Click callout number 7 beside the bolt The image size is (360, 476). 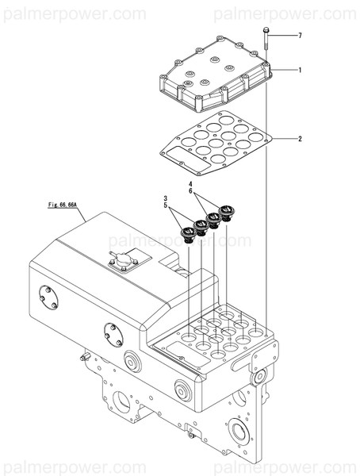pyautogui.click(x=300, y=36)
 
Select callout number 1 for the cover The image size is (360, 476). pyautogui.click(x=300, y=71)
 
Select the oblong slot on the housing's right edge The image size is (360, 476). pyautogui.click(x=243, y=363)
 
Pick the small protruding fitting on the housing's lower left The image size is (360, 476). pyautogui.click(x=82, y=356)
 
